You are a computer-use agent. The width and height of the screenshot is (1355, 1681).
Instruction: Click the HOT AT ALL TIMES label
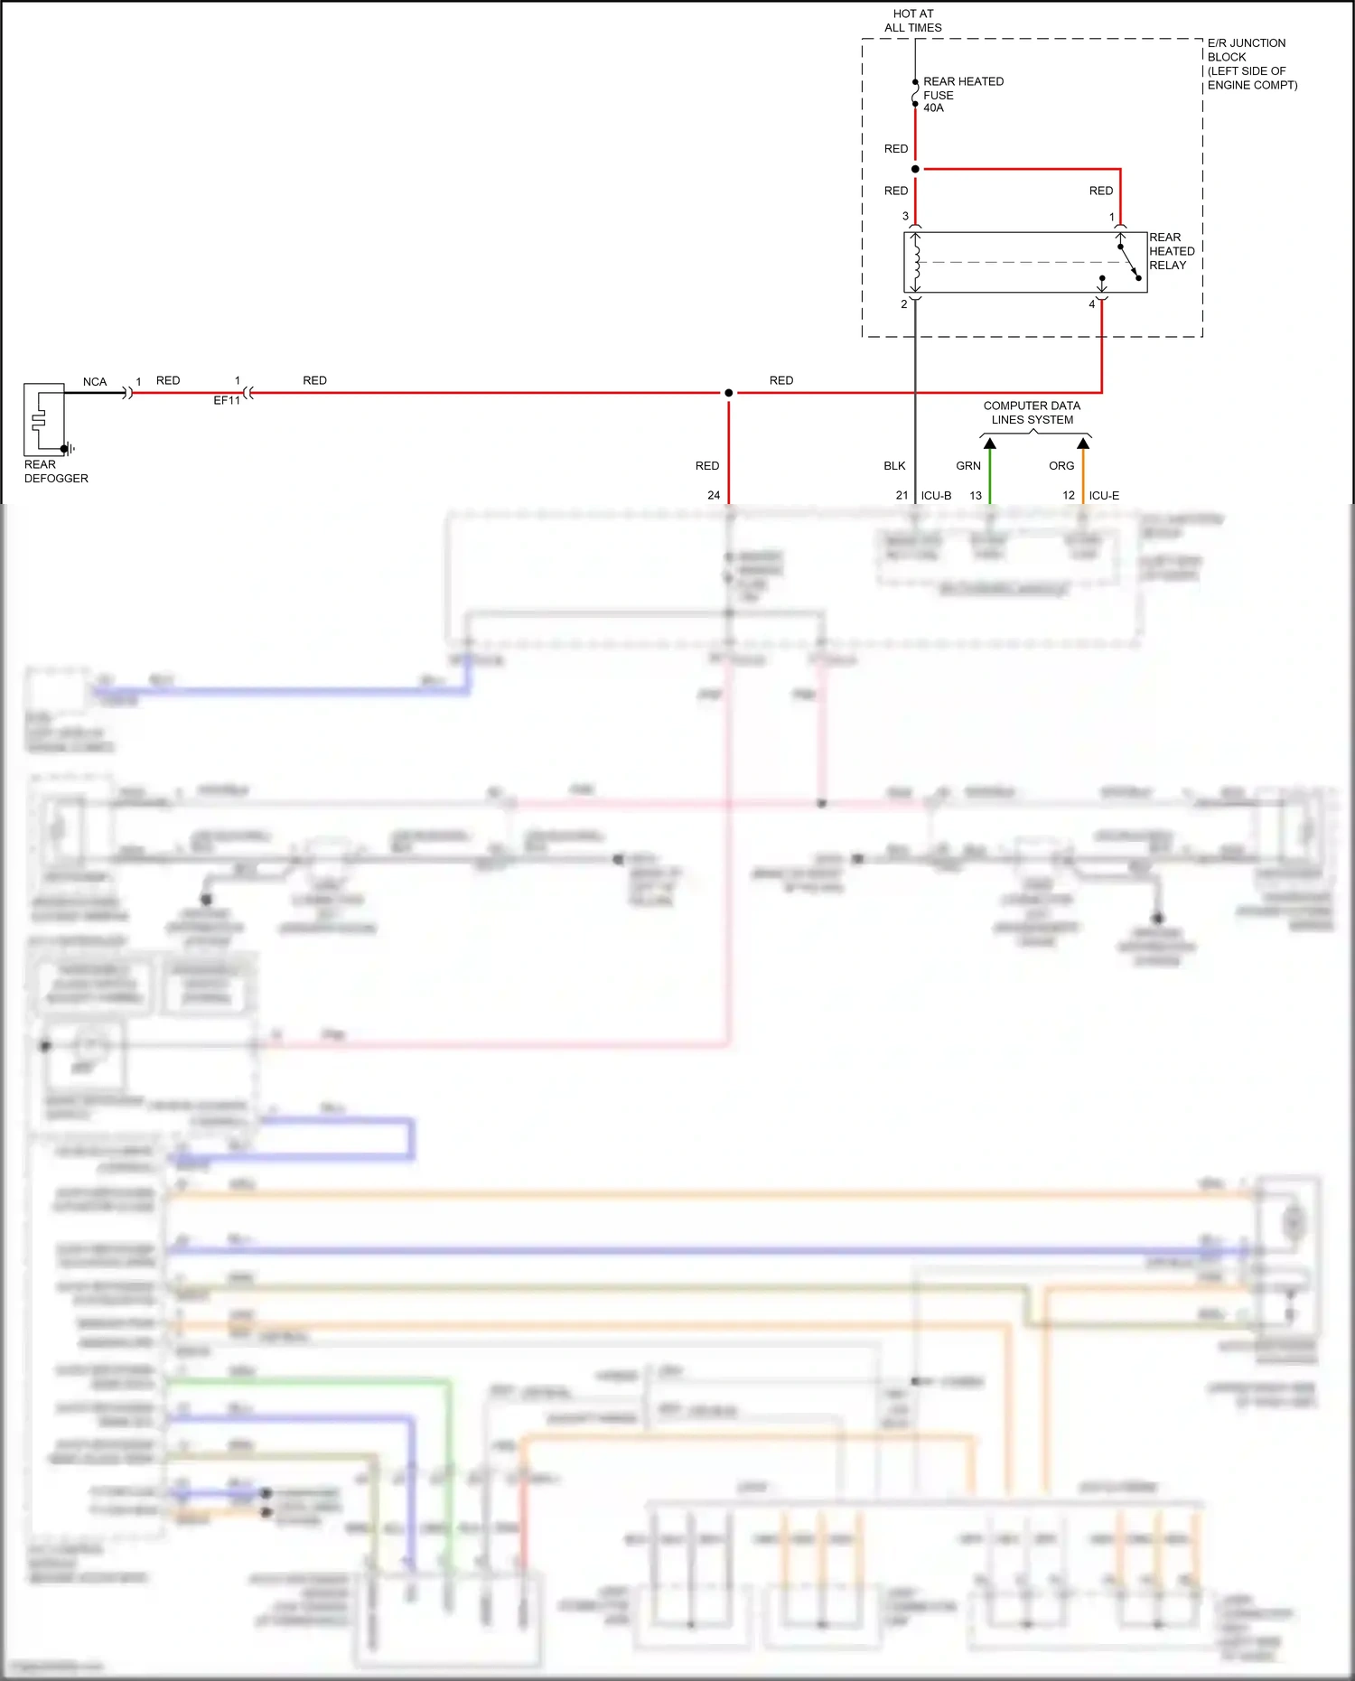(912, 21)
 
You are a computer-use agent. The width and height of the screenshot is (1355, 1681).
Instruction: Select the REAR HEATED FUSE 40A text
(962, 94)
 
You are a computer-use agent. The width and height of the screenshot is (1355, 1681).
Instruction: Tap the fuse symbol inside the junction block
(915, 93)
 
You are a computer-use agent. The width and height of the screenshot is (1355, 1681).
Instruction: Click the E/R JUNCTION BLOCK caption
(1251, 63)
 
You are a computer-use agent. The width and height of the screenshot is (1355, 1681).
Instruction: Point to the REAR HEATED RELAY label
(1171, 251)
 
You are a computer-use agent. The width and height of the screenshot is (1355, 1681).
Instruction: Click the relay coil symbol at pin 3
(916, 262)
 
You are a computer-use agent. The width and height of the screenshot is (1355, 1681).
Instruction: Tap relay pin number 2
(903, 304)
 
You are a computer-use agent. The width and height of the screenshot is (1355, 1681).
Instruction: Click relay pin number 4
(1091, 304)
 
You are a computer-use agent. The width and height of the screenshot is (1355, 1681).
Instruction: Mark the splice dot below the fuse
(915, 169)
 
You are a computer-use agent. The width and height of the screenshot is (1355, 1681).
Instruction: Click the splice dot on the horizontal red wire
(728, 393)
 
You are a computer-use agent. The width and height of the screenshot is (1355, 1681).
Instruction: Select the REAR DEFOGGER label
(56, 472)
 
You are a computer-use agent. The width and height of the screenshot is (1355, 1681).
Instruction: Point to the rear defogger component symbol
(44, 419)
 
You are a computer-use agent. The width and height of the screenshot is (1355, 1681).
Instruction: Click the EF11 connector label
(227, 400)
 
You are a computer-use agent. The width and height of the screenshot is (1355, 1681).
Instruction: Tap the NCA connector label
(95, 382)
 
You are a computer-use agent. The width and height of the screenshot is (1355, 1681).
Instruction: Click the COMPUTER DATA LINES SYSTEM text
(1032, 413)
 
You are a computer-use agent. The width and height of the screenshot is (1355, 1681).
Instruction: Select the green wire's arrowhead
(990, 444)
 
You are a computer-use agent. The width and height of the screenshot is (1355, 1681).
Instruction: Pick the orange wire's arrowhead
(1084, 444)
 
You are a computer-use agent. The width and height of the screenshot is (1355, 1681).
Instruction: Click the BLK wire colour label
(894, 466)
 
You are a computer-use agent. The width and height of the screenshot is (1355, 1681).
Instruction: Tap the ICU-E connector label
(1104, 496)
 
